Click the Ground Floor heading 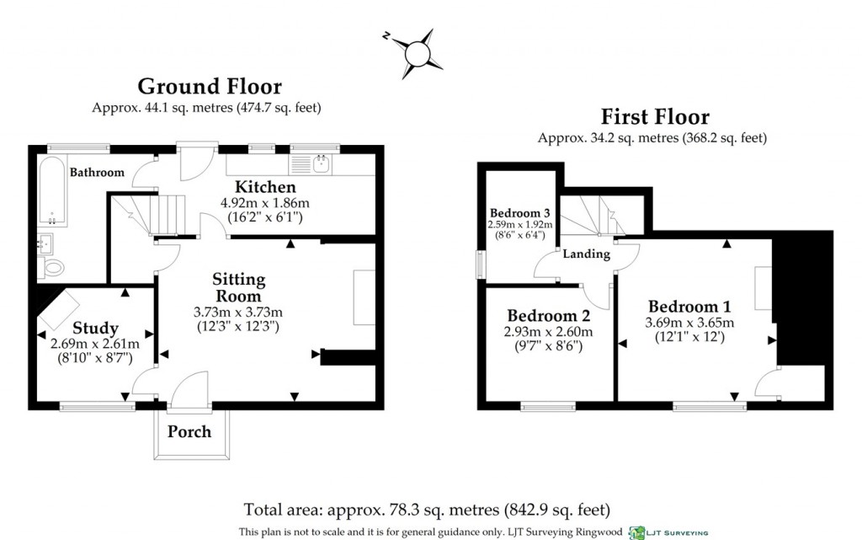click(x=210, y=87)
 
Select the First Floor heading click(x=654, y=117)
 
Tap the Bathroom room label click(x=97, y=173)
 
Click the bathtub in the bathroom click(x=51, y=190)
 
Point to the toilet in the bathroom click(x=52, y=268)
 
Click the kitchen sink click(x=320, y=163)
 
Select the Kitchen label click(x=264, y=187)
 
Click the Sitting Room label click(x=237, y=287)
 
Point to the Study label click(x=95, y=328)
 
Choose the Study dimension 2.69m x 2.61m click(x=95, y=343)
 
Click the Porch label click(x=189, y=432)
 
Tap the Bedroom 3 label click(x=520, y=211)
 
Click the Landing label click(x=586, y=254)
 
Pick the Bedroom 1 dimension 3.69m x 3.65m click(x=689, y=323)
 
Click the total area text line click(x=427, y=510)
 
